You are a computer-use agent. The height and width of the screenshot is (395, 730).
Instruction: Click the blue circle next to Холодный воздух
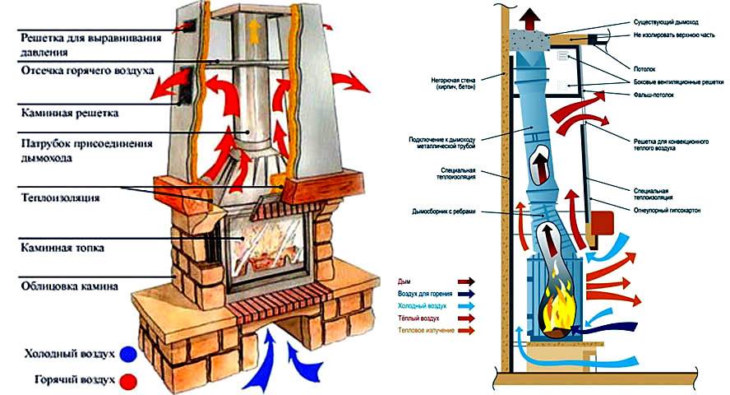pos(127,355)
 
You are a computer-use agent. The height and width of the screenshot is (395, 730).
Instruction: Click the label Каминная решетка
pos(71,111)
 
